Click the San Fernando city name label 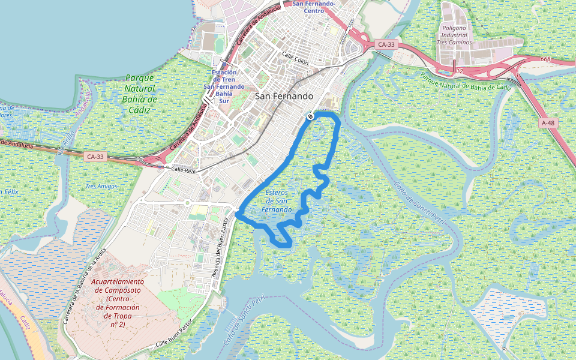click(x=284, y=96)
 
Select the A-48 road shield click(x=548, y=122)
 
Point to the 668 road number click(x=545, y=59)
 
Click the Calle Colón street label click(x=295, y=61)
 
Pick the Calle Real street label click(x=184, y=170)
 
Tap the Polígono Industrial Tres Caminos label click(x=454, y=35)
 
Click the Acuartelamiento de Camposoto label click(x=118, y=303)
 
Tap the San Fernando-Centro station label click(x=314, y=7)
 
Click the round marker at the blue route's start click(x=310, y=116)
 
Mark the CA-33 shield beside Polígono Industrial click(x=386, y=44)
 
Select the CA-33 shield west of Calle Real click(x=95, y=157)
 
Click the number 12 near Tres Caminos click(x=460, y=71)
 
